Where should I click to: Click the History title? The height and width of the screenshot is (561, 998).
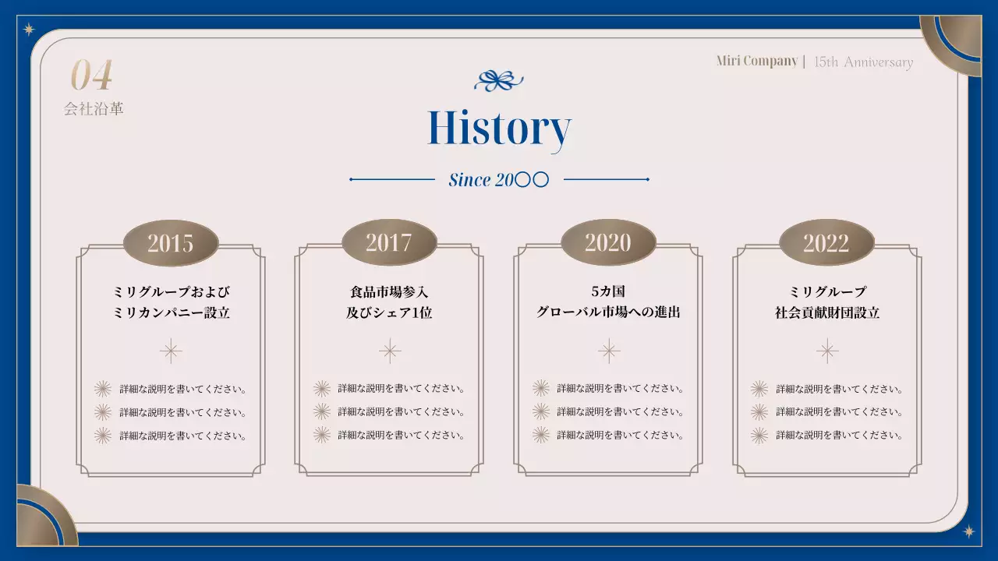point(499,129)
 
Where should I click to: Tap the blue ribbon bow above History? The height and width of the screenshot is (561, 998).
point(499,79)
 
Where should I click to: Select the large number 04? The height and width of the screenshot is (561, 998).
point(92,76)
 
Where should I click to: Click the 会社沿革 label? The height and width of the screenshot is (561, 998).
point(94,109)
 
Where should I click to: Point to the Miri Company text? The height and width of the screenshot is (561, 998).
point(756,62)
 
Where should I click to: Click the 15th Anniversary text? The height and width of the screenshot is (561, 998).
point(863,62)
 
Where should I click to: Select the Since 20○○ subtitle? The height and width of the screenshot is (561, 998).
point(499,180)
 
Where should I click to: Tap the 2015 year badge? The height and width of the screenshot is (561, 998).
point(171,242)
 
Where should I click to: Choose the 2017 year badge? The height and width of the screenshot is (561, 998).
point(389,242)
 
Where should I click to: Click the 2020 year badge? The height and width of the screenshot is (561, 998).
point(608,242)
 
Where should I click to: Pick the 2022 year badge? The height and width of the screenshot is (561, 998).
point(826,242)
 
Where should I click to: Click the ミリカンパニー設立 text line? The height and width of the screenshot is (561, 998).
point(171,313)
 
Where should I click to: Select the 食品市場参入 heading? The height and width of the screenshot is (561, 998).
point(389,292)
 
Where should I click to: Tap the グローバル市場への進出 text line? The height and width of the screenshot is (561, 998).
point(608,312)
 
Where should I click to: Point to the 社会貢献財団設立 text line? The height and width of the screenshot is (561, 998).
point(826,313)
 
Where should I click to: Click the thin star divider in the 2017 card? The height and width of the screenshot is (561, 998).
point(390,351)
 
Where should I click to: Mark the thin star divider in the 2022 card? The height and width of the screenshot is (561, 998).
point(827,351)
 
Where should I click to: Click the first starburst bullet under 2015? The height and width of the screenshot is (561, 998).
point(102,389)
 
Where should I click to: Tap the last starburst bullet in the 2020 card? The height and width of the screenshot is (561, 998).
point(540,435)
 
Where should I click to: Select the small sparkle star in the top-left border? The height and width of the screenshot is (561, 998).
point(30,30)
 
